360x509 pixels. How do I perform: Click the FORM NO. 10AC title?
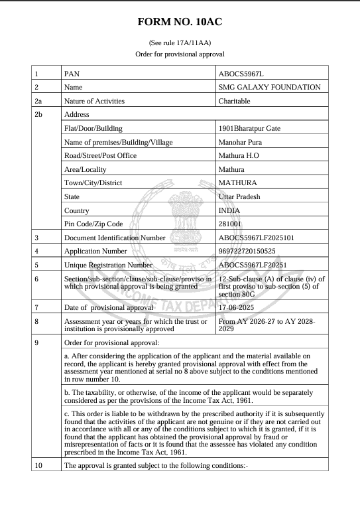(x=180, y=23)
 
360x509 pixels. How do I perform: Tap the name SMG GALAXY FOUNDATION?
(x=269, y=87)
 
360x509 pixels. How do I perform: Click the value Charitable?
(x=235, y=101)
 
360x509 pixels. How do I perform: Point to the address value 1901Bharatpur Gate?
(x=252, y=128)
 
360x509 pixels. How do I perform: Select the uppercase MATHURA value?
(x=238, y=182)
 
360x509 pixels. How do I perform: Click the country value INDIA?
(x=230, y=210)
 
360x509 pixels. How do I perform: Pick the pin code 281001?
(x=230, y=224)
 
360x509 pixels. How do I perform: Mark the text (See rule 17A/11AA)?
(x=180, y=42)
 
